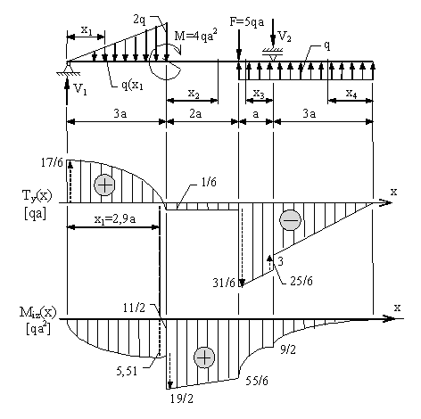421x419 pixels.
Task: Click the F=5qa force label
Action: point(247,22)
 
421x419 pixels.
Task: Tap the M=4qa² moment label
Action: point(195,36)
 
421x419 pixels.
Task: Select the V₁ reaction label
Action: point(80,88)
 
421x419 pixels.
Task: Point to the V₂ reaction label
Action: point(285,37)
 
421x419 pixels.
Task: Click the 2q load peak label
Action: point(139,21)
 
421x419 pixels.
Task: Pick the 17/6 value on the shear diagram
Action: point(52,162)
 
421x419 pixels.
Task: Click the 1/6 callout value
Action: point(209,182)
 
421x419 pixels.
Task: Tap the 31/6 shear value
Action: point(224,283)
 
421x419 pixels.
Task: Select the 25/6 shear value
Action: point(301,281)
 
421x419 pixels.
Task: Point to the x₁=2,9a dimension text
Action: point(115,219)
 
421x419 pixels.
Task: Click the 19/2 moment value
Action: point(182,398)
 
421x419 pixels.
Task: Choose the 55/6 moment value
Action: point(257,381)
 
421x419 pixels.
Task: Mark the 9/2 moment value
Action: point(288,349)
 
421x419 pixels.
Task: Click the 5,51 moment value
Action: point(127,371)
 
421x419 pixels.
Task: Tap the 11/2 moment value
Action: point(134,308)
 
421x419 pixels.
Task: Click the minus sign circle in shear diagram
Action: point(290,220)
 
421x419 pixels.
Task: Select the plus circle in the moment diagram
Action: point(204,357)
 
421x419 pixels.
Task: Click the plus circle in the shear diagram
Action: point(104,185)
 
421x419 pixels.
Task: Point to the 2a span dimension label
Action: point(195,114)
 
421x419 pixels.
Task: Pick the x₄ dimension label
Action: point(351,94)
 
